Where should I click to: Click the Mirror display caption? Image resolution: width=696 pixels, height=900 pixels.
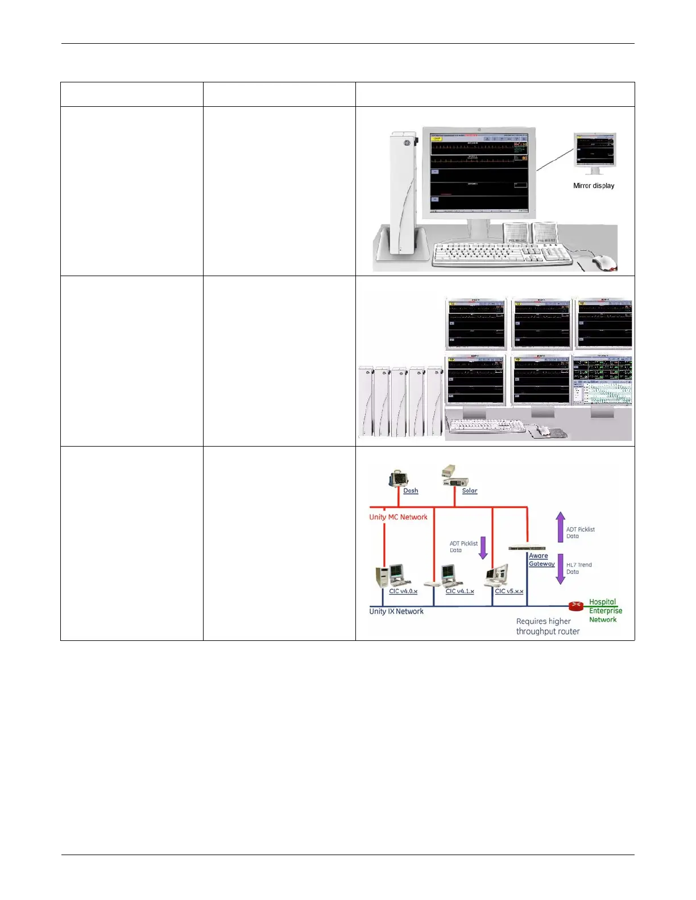pos(593,186)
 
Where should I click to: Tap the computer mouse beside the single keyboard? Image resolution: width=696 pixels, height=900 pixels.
pos(604,262)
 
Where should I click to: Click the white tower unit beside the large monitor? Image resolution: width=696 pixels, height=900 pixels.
pos(403,193)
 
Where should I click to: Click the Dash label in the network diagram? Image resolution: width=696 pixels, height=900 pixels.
pos(411,491)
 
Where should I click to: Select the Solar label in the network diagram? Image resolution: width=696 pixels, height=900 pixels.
pos(469,491)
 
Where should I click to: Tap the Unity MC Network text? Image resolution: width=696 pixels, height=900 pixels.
pos(398,517)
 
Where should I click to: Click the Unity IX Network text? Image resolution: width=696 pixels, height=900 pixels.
pos(396,611)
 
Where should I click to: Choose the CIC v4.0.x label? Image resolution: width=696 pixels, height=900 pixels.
pos(403,591)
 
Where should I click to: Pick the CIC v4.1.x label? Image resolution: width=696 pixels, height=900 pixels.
pos(459,591)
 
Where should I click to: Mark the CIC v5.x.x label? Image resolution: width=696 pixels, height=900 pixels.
pos(509,591)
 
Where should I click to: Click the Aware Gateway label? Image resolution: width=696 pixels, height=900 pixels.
pos(541,560)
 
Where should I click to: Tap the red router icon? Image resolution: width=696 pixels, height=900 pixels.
pos(576,606)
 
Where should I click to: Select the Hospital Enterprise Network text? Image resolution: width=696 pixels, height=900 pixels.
pos(605,611)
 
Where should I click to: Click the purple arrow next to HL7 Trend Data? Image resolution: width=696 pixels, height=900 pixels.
pos(560,569)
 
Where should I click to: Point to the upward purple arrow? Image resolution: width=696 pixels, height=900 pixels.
pos(560,526)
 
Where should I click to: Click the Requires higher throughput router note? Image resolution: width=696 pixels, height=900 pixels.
pos(548,626)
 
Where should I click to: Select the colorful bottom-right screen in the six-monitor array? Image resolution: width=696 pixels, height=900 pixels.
pos(602,381)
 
